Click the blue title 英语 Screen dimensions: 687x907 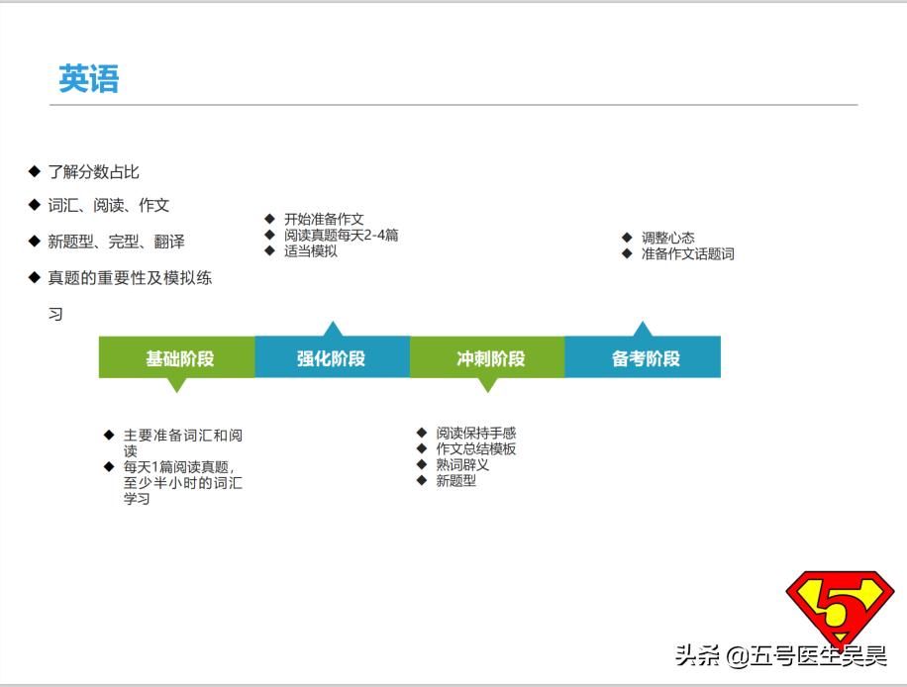point(88,79)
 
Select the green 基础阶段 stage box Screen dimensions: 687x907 point(177,357)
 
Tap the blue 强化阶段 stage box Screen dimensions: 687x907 point(332,357)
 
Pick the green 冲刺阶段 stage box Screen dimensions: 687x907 point(487,357)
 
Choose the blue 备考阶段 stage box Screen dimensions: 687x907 point(643,357)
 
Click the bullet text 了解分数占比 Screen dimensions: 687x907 point(94,172)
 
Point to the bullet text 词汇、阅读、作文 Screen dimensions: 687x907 point(109,206)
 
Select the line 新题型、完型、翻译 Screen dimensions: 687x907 point(116,242)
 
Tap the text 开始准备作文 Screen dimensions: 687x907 point(324,219)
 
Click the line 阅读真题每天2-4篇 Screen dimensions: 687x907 point(341,235)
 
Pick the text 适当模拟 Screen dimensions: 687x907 point(310,250)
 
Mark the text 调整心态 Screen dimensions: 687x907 point(667,238)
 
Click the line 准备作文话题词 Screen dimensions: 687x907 point(687,253)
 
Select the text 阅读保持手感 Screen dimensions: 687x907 point(475,433)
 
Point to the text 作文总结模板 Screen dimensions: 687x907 point(475,448)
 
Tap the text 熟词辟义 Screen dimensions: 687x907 point(462,464)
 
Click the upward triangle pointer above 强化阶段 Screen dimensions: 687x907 point(333,329)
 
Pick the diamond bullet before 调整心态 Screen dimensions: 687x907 point(627,238)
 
